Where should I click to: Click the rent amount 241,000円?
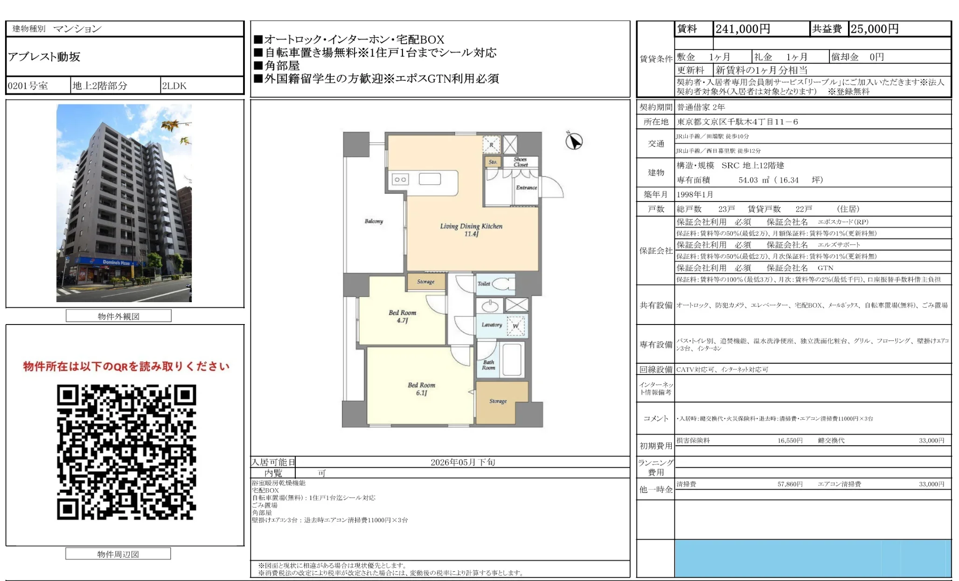pyautogui.click(x=743, y=29)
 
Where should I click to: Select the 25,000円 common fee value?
pyautogui.click(x=874, y=29)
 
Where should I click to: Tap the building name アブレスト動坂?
pyautogui.click(x=44, y=57)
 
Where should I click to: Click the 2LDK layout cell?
pyautogui.click(x=174, y=86)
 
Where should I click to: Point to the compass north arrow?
pyautogui.click(x=574, y=141)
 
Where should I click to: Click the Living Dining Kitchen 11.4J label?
pyautogui.click(x=471, y=229)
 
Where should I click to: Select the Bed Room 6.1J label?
pyautogui.click(x=421, y=389)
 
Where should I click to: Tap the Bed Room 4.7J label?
pyautogui.click(x=402, y=316)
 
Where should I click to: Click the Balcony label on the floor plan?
pyautogui.click(x=374, y=221)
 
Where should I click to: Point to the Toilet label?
pyautogui.click(x=484, y=284)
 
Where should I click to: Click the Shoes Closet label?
pyautogui.click(x=521, y=162)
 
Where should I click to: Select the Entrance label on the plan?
pyautogui.click(x=526, y=187)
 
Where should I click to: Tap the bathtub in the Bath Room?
pyautogui.click(x=512, y=359)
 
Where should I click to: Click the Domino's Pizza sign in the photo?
pyautogui.click(x=116, y=263)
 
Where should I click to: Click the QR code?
pyautogui.click(x=126, y=452)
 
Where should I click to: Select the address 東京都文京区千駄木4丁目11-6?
pyautogui.click(x=737, y=122)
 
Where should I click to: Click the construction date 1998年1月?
pyautogui.click(x=695, y=194)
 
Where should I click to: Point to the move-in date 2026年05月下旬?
pyautogui.click(x=462, y=462)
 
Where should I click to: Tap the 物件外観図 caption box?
pyautogui.click(x=118, y=316)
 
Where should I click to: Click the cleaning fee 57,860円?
pyautogui.click(x=790, y=484)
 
